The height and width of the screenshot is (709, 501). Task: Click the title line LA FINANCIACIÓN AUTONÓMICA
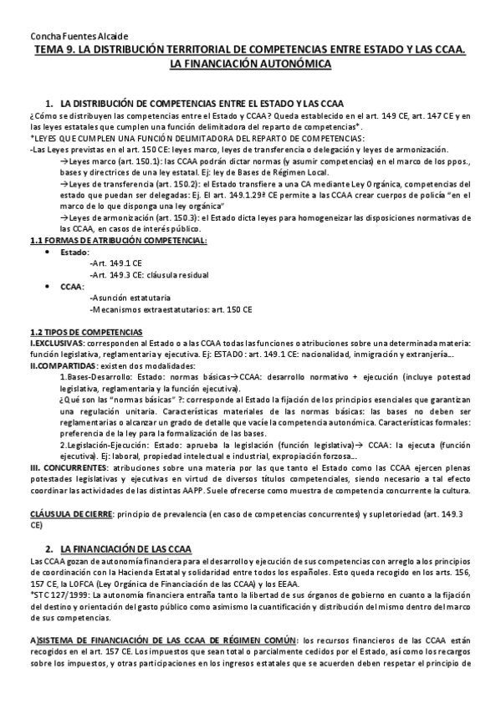click(x=250, y=63)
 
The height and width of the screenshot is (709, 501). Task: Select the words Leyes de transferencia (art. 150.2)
click(x=134, y=182)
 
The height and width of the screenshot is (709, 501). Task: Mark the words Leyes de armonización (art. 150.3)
click(x=135, y=217)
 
